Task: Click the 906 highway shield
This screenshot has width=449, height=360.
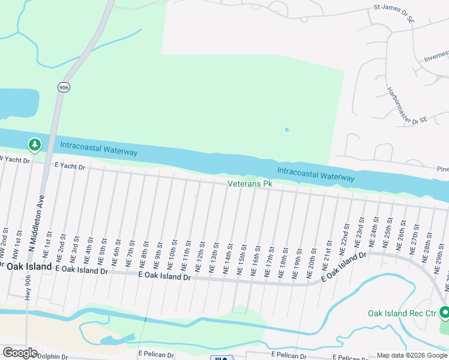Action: pos(64,88)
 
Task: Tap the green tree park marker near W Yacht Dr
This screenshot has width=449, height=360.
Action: pos(35,145)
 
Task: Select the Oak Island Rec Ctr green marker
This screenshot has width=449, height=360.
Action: pos(445,313)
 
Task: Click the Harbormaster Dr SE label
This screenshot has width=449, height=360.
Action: pos(406,107)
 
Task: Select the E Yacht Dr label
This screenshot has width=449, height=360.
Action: pos(70,165)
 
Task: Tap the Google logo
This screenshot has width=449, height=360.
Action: pos(20,353)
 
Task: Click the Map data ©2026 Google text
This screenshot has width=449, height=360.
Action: pos(412,355)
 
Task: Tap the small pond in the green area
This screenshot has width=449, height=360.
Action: pos(287,130)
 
